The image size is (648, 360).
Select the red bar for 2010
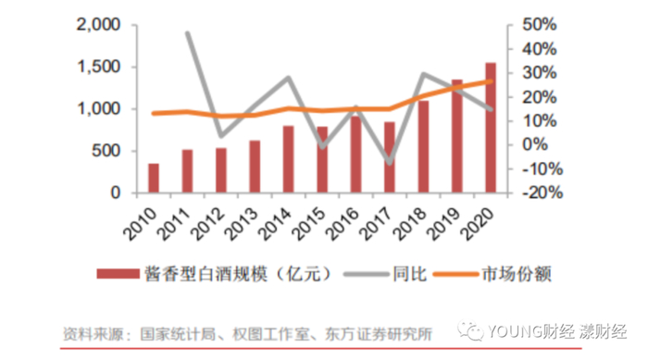point(154,179)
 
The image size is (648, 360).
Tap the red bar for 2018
point(423,147)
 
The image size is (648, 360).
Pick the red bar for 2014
point(288,159)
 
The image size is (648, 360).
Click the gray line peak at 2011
point(188,33)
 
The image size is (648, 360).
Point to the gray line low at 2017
point(390,164)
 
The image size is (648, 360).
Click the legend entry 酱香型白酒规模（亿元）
point(229,275)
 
